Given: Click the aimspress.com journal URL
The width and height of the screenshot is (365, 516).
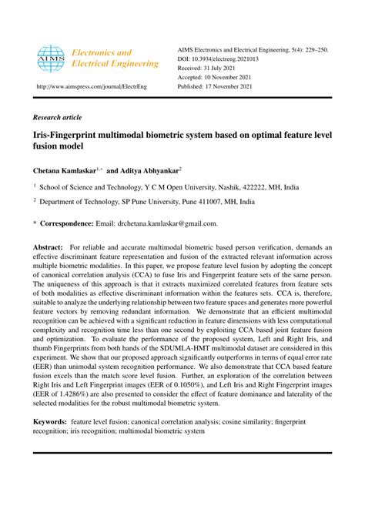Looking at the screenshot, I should click(x=96, y=86).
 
